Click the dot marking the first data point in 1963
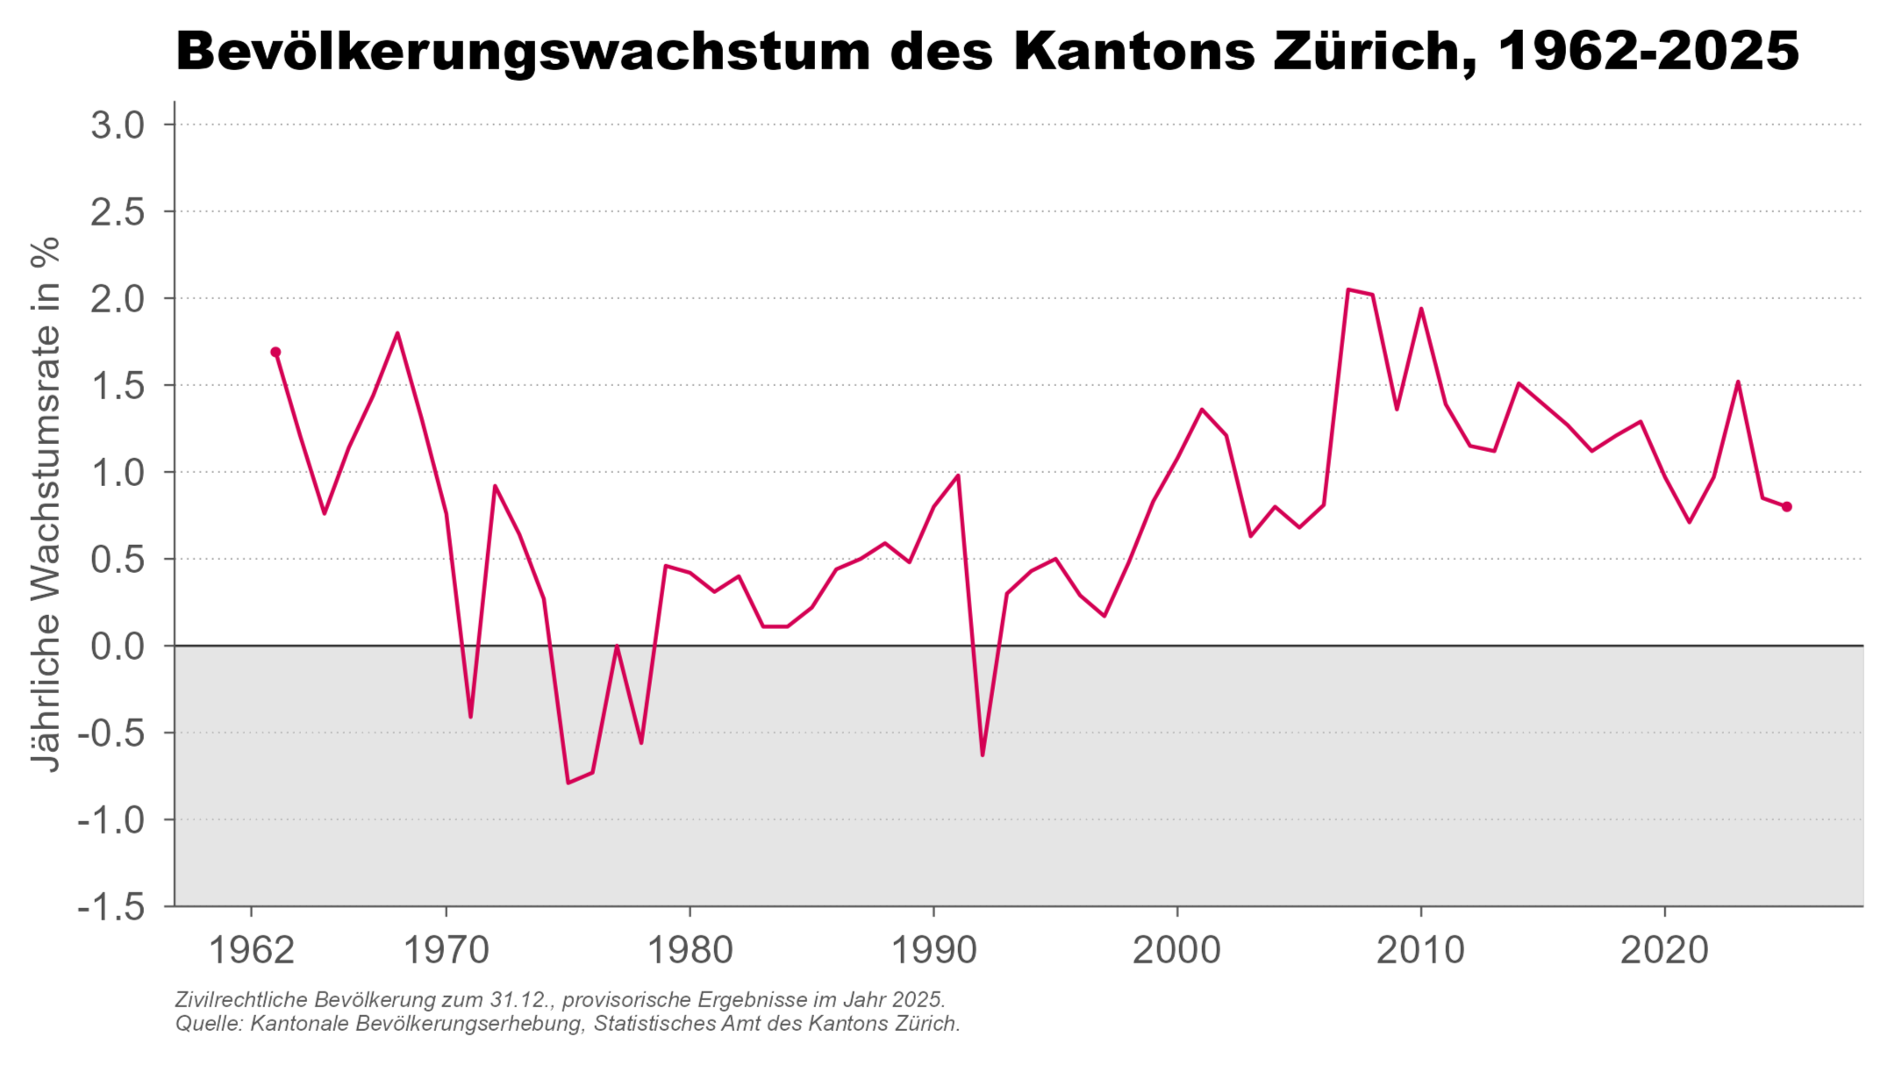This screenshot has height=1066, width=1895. [x=275, y=352]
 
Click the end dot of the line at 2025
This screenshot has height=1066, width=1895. [x=1786, y=506]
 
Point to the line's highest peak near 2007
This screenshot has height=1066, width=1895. [x=1348, y=290]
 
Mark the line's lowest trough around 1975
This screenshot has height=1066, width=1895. [x=568, y=782]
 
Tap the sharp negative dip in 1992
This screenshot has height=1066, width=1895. [x=983, y=755]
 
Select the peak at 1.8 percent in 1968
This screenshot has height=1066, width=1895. [x=397, y=333]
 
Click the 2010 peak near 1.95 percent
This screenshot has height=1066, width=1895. [x=1420, y=309]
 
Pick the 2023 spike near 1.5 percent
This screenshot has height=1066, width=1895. [x=1738, y=382]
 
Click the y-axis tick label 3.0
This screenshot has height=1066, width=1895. [x=118, y=125]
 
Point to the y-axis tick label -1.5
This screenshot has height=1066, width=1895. [x=111, y=906]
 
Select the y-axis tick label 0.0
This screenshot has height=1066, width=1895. [x=118, y=647]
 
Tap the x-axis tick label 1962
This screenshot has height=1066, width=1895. [x=252, y=950]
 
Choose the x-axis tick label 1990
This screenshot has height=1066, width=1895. [x=933, y=950]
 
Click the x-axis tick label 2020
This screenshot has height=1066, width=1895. [x=1664, y=950]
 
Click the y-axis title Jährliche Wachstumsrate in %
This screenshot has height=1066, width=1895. [x=46, y=504]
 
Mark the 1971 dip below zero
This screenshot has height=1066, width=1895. [x=470, y=716]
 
